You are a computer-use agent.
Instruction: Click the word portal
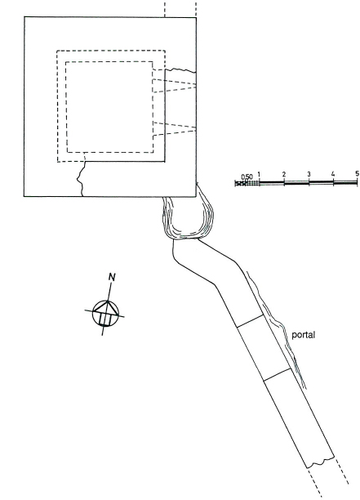click(x=304, y=336)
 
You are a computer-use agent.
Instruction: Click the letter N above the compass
click(x=112, y=277)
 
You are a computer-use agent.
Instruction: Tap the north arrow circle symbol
click(x=105, y=314)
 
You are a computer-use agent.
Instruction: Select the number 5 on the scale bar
click(x=357, y=173)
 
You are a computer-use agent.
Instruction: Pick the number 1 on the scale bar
click(x=260, y=174)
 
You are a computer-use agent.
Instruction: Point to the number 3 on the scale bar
click(x=309, y=174)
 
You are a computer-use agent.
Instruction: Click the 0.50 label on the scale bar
click(x=247, y=176)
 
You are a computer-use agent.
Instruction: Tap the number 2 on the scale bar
click(x=284, y=174)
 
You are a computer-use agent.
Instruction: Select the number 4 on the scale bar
click(x=333, y=174)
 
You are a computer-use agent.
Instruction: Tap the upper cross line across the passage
click(x=250, y=321)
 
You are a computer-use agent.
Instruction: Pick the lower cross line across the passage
click(x=278, y=374)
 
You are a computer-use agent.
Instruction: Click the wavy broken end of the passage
click(x=321, y=462)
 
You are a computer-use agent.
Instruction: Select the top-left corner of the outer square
click(x=24, y=17)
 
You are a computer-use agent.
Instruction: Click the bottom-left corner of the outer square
click(x=24, y=196)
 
